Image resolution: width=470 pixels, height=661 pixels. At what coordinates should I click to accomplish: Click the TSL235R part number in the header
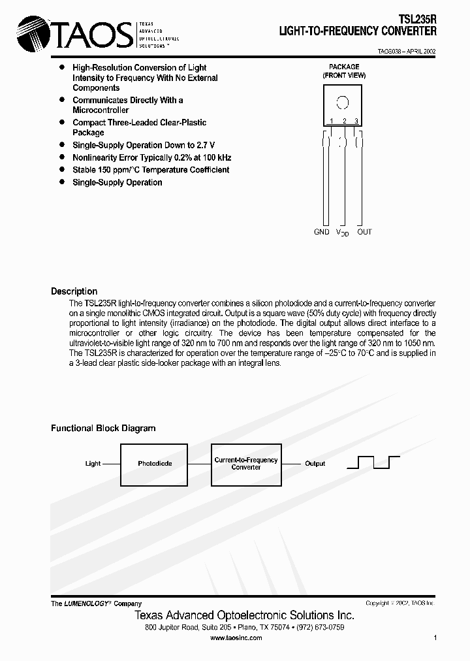417,21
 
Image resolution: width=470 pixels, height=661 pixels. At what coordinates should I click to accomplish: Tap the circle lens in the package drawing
342,103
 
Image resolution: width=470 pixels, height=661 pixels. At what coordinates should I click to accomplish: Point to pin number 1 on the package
331,121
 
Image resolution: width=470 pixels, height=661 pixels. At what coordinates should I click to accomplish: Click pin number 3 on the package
356,121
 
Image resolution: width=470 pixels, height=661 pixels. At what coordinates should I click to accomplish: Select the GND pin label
322,232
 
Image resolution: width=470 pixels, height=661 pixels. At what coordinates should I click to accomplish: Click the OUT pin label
364,232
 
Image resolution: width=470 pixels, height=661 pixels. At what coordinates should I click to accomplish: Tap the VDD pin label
343,233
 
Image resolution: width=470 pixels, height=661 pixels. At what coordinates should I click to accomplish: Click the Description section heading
74,291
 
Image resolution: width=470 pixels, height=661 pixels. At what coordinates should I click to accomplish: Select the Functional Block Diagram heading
103,428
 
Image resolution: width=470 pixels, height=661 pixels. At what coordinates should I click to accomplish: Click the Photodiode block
155,464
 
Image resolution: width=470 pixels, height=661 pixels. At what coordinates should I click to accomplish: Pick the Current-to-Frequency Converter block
246,464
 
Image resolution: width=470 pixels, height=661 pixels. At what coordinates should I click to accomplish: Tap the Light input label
93,464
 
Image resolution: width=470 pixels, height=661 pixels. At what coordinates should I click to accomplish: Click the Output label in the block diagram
315,464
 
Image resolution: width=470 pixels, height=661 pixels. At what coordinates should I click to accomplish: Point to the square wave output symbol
373,463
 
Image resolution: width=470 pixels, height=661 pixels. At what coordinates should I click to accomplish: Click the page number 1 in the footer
435,638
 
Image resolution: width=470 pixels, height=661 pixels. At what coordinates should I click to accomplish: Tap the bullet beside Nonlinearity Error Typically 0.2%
62,157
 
